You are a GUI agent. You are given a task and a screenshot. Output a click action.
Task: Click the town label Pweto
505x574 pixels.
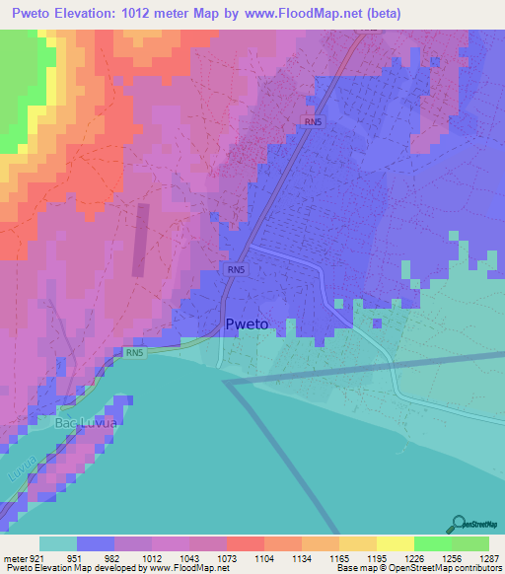(247, 324)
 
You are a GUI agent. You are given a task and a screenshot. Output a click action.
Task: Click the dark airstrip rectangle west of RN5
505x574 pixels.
(139, 240)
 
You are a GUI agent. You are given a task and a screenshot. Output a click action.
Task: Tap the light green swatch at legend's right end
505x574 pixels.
(469, 543)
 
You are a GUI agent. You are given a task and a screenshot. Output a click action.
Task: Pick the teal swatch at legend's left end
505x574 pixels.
(57, 543)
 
